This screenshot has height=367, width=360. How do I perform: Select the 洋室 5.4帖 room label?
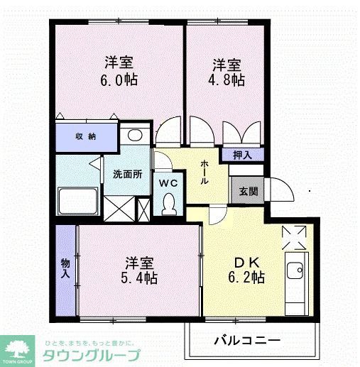[139, 269]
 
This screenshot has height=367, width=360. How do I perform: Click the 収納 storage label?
[86, 136]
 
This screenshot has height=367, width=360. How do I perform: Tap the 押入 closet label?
[241, 154]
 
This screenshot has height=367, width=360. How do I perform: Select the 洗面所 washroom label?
[128, 174]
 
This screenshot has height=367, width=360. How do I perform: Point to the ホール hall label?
[205, 172]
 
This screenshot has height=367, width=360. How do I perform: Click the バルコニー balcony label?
[249, 340]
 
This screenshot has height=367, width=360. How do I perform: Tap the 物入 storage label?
[65, 267]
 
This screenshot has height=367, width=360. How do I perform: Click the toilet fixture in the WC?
[168, 204]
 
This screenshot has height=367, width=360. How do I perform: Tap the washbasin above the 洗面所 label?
[133, 137]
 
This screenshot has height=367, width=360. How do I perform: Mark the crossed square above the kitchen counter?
[294, 238]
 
